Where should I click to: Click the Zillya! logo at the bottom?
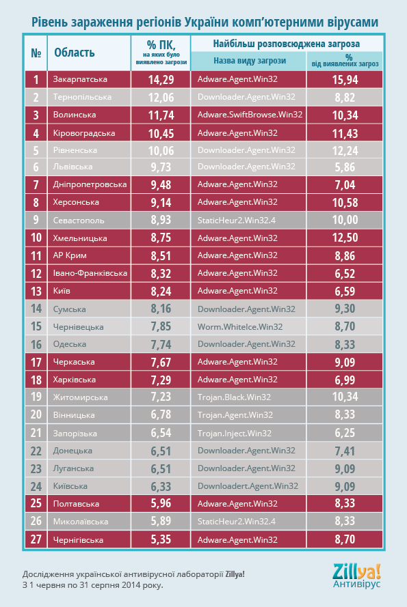(x=357, y=576)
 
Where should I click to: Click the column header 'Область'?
(x=74, y=53)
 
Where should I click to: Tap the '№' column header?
(x=36, y=53)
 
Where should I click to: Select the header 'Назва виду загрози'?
(x=250, y=61)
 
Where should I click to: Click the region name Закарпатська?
(x=80, y=79)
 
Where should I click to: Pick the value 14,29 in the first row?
(x=161, y=80)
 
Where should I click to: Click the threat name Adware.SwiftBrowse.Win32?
(x=250, y=115)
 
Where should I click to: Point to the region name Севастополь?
(x=79, y=221)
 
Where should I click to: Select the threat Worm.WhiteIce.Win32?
(x=240, y=327)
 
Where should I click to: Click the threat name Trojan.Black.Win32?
(x=234, y=397)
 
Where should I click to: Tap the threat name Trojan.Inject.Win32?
(x=235, y=433)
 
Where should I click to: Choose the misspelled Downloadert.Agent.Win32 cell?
(x=248, y=486)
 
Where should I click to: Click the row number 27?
(x=36, y=539)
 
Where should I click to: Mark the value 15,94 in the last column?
(x=345, y=80)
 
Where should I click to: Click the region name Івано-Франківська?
(x=90, y=273)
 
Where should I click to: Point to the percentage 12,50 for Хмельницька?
(x=345, y=238)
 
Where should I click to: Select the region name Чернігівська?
(x=78, y=539)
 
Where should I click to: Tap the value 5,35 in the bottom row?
(x=161, y=539)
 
